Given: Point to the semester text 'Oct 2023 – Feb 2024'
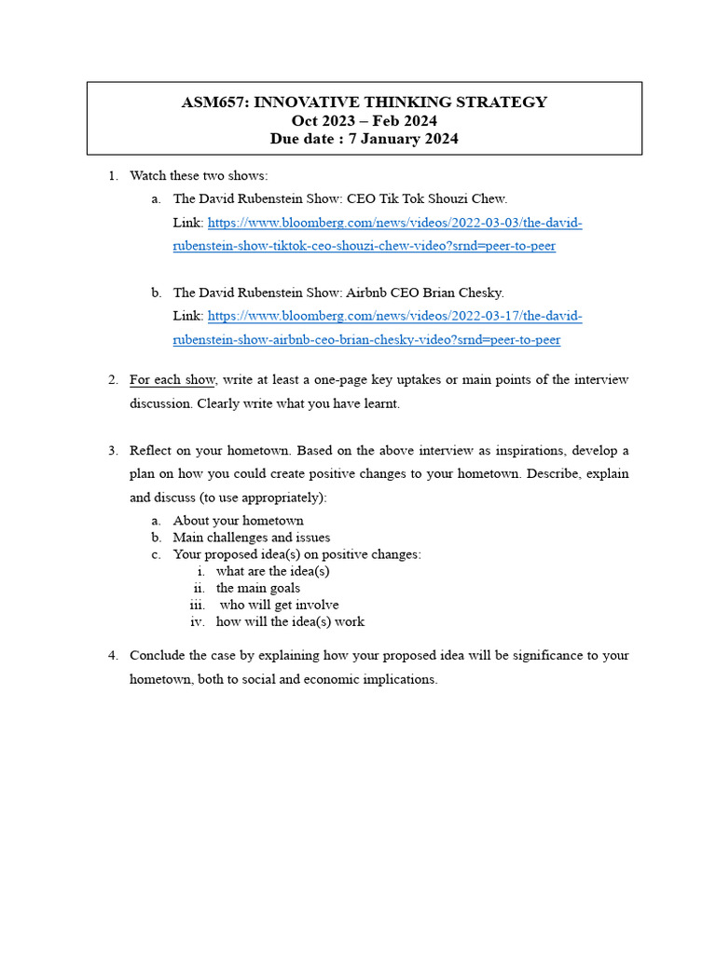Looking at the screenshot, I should click(364, 121).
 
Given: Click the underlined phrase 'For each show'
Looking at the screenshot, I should click(172, 379).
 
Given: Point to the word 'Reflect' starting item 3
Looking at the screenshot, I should click(150, 450).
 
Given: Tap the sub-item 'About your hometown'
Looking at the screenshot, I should click(238, 521).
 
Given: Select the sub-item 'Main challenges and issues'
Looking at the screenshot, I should click(251, 538).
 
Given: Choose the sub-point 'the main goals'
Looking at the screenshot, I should click(258, 588).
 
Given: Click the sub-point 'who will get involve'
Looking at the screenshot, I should click(279, 605).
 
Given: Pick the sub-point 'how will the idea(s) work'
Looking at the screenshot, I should click(290, 621).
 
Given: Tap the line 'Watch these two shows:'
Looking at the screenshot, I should click(199, 175).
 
